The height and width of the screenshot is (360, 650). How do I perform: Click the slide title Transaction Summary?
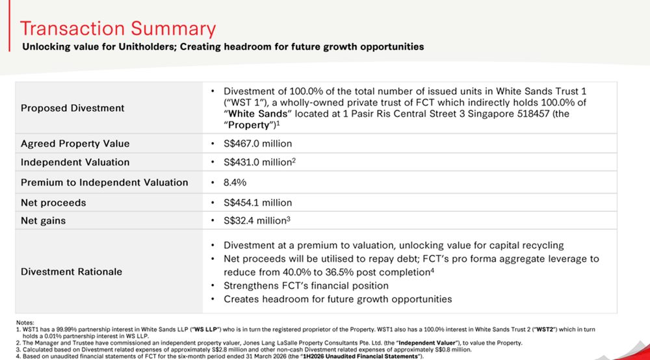pos(118,29)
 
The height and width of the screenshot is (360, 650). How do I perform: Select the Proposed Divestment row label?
pos(73,108)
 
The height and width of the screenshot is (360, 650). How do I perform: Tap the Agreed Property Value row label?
pos(75,144)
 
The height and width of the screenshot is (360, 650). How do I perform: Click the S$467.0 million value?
pos(258,144)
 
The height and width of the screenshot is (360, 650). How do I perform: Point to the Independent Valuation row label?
pos(75,162)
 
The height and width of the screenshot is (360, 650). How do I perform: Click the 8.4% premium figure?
pos(235,183)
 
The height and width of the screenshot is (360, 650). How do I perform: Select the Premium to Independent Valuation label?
pos(105,183)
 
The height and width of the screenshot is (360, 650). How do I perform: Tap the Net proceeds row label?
pos(53,203)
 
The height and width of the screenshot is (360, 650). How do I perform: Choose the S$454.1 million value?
pos(258,203)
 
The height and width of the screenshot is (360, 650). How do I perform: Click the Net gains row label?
pos(43,221)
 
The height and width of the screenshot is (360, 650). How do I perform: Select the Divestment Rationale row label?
pos(71,272)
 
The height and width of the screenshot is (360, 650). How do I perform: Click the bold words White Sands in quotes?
pos(257,114)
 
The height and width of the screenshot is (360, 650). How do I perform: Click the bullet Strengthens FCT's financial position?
pos(306,286)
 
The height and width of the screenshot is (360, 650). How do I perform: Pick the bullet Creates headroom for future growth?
pos(337,300)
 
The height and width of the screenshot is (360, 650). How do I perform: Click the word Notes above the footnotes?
pos(25,323)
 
